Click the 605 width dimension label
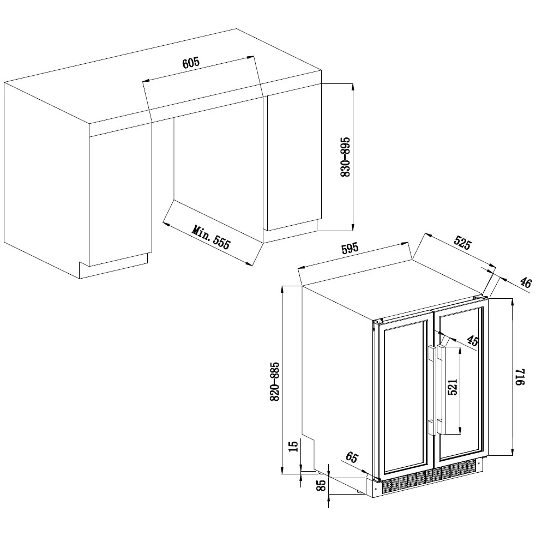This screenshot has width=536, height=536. pos(191,63)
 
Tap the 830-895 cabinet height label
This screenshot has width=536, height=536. pos(346,157)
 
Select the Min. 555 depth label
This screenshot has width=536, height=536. pos(211,237)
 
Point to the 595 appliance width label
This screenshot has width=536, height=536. pos(350,248)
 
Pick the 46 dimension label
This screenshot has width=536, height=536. pos(526,282)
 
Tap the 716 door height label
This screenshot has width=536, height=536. pos(519,377)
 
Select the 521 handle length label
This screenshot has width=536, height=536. pos(452,387)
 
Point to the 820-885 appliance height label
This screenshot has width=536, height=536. pos(274,382)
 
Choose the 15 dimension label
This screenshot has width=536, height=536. pos(293,446)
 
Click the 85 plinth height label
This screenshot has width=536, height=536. pos(321,485)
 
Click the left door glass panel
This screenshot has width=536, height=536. pos(405,396)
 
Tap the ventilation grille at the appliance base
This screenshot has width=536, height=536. pos(429,477)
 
